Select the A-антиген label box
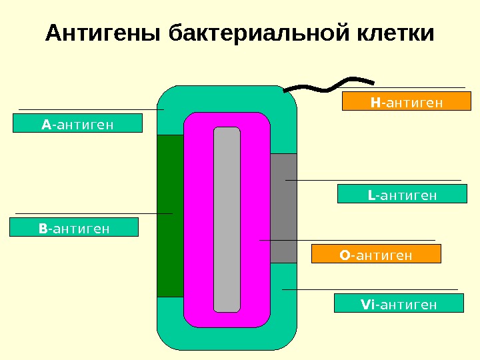pos(78,123)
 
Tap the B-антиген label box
pos(74,228)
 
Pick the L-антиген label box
pos(402,194)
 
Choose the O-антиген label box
pos(377,254)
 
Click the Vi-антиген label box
pos(399,304)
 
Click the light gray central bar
pos(227,220)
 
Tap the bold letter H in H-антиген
pos(375,102)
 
